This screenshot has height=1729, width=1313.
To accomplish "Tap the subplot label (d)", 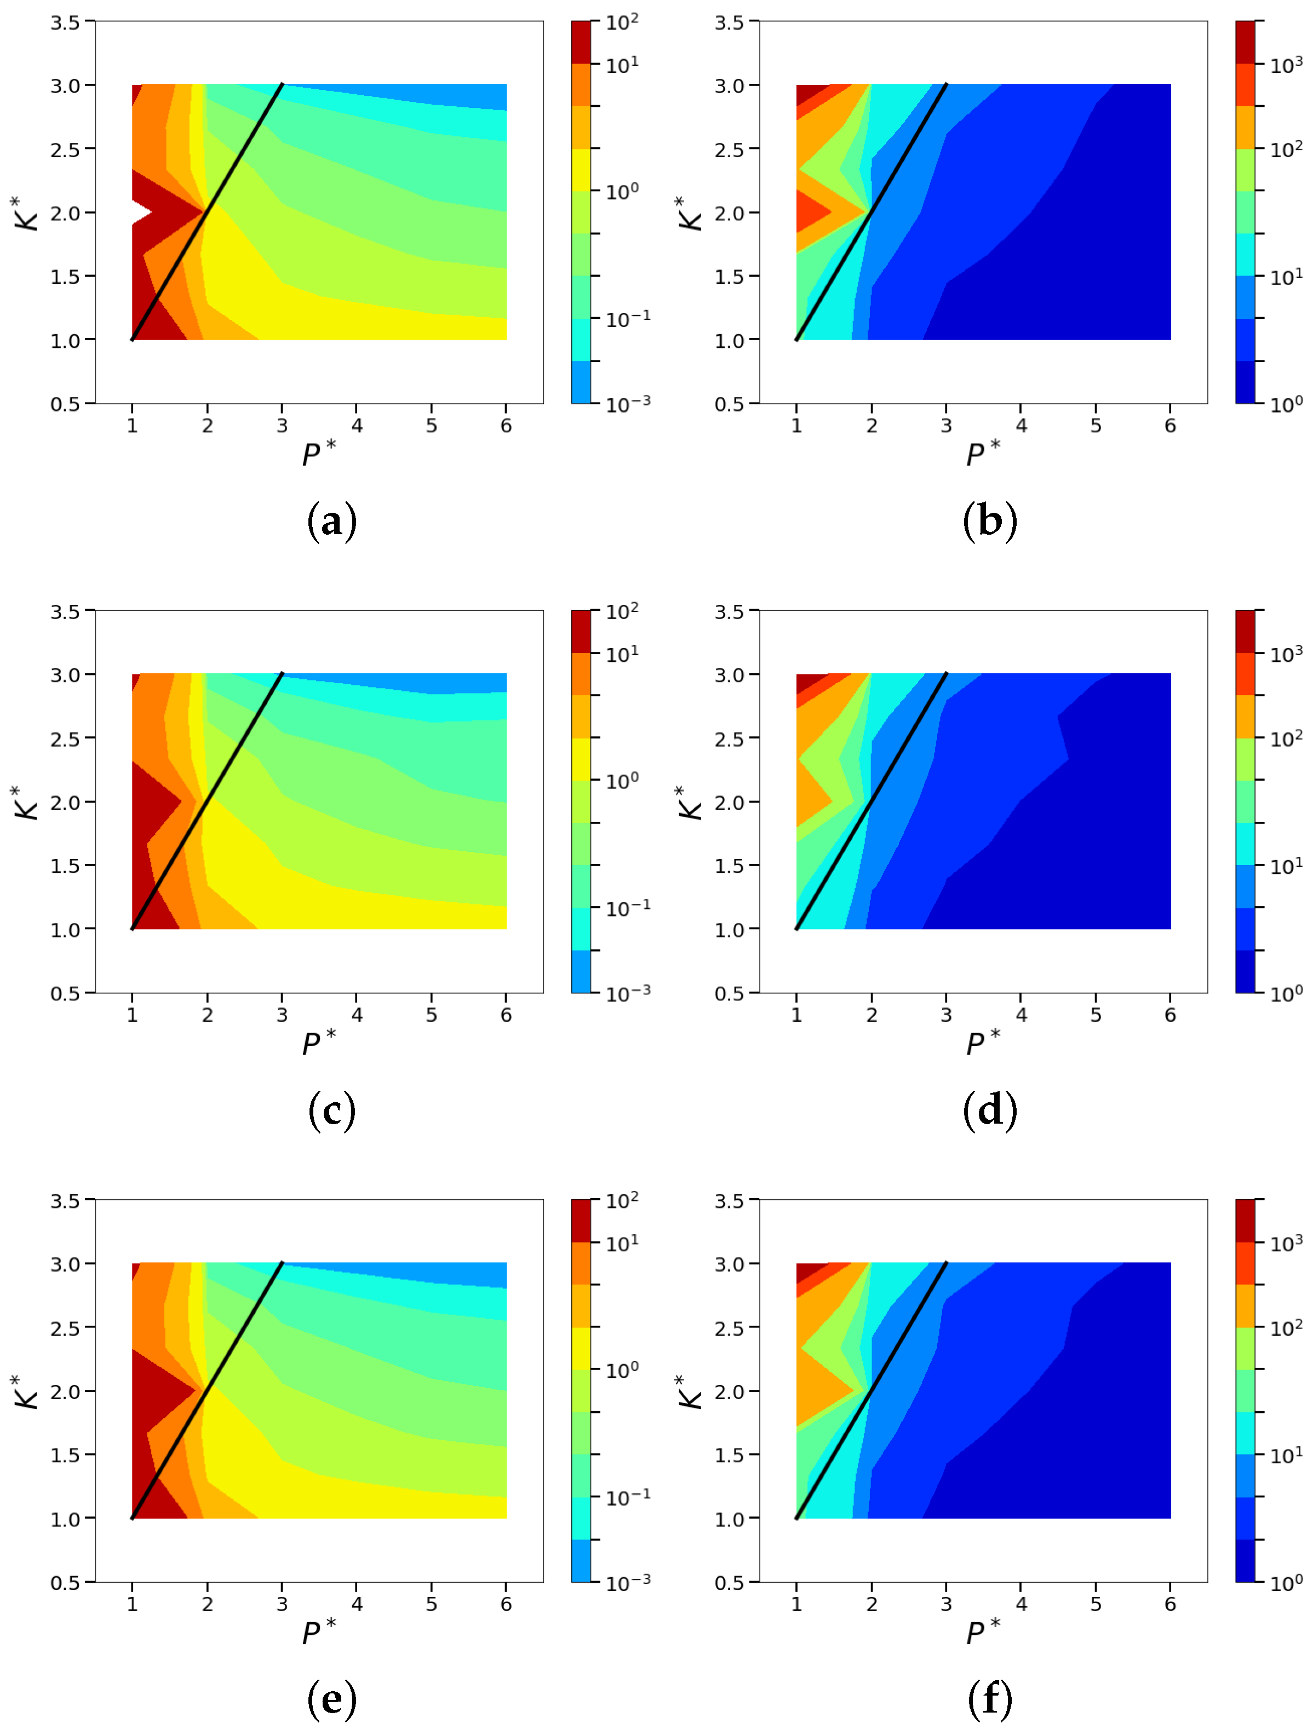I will [989, 1110].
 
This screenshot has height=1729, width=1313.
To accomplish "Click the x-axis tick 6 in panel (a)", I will [507, 426].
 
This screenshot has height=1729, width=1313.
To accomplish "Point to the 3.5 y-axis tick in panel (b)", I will [729, 22].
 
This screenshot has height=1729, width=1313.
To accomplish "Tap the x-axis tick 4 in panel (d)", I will [1020, 1015].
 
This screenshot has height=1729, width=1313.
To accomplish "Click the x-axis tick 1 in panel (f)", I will [796, 1604].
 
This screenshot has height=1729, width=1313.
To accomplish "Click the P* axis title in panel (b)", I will [982, 454].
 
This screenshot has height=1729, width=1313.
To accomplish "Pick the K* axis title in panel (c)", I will [27, 802].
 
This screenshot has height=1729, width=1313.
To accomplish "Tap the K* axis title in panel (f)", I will [690, 1392].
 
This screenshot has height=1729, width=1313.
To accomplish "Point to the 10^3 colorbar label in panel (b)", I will [1286, 65].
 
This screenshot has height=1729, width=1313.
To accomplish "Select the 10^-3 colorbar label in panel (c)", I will [628, 993].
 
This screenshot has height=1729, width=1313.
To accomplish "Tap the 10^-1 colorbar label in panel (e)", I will [628, 1498].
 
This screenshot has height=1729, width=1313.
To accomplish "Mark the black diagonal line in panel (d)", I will [871, 801].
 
